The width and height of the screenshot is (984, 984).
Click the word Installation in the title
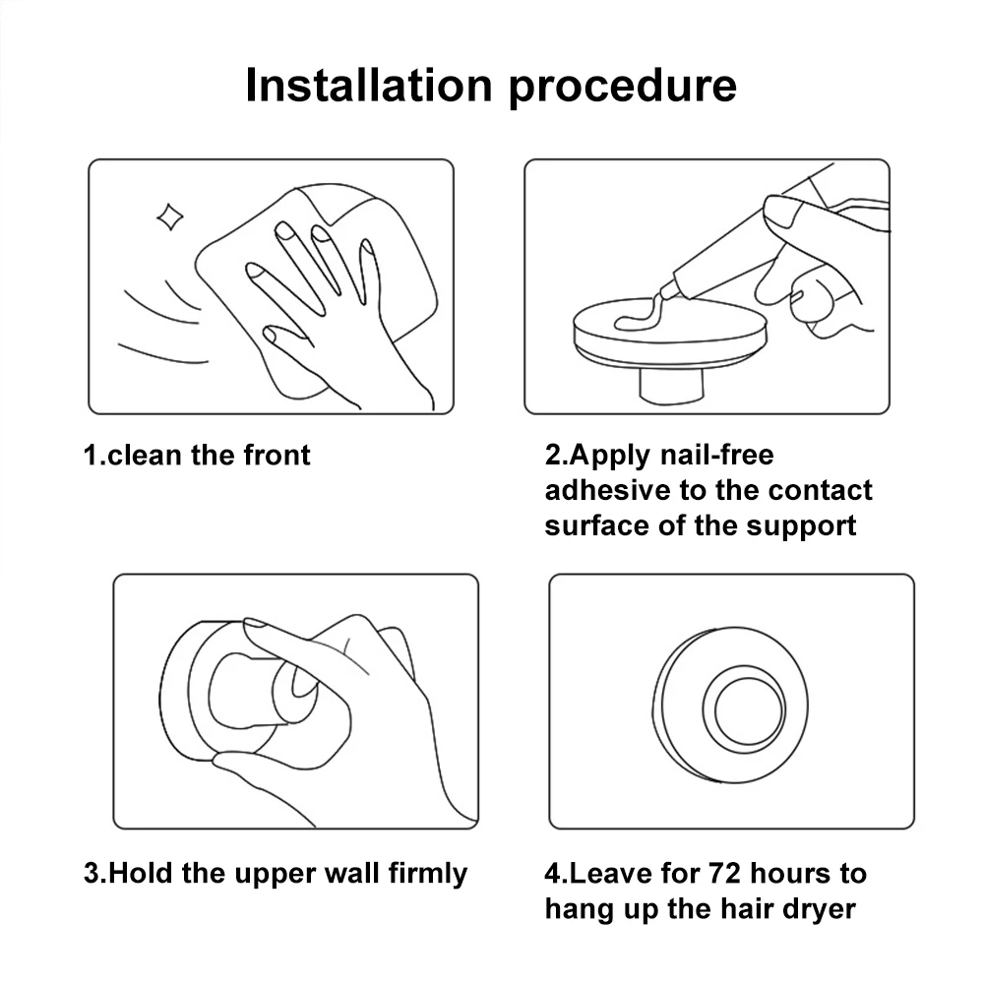pyautogui.click(x=368, y=85)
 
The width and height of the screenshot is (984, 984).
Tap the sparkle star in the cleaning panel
pyautogui.click(x=170, y=217)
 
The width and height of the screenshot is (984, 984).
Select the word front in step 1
pyautogui.click(x=277, y=455)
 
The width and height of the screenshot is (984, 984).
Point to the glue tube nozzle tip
pyautogui.click(x=664, y=292)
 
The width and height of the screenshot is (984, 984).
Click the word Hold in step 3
pyautogui.click(x=140, y=873)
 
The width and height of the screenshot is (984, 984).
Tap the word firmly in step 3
pyautogui.click(x=428, y=874)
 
